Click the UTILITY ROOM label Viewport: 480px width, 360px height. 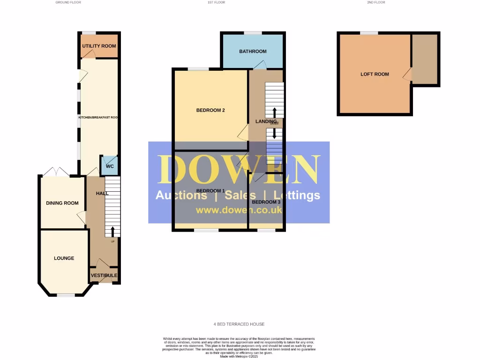(x=99, y=46)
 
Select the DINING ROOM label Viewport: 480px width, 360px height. (x=62, y=203)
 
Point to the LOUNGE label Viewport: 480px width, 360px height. (x=64, y=258)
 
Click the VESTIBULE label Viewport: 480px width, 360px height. (x=104, y=275)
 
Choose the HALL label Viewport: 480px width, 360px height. (x=102, y=193)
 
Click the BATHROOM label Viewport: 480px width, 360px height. (x=253, y=51)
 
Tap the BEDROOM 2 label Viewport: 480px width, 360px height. (x=210, y=111)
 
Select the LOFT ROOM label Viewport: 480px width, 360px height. (x=375, y=74)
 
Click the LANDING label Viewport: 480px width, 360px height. (x=266, y=121)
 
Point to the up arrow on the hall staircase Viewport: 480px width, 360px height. (x=112, y=231)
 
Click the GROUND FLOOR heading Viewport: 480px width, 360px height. (x=68, y=2)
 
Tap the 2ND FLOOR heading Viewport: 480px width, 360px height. (x=376, y=2)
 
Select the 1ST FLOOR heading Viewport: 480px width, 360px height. (x=217, y=2)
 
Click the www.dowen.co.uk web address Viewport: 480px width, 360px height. (x=239, y=210)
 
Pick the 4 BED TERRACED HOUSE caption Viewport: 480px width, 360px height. (x=239, y=324)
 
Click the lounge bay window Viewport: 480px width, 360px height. (x=66, y=295)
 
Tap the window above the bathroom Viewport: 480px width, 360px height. (x=253, y=32)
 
